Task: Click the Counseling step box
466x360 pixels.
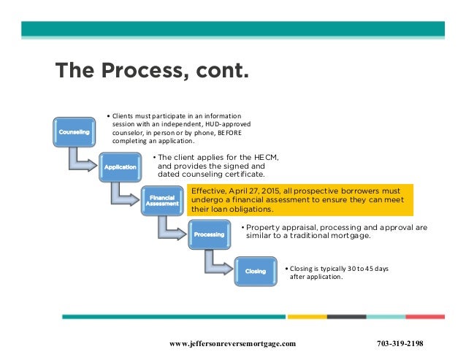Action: pos(74,132)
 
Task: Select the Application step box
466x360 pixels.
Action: pos(121,167)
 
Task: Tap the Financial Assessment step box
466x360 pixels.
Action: pos(162,200)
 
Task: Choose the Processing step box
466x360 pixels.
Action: pos(209,234)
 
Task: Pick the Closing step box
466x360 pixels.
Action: pos(255,272)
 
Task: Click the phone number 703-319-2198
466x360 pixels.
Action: pos(400,343)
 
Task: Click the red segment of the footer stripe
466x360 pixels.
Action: pos(424,317)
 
